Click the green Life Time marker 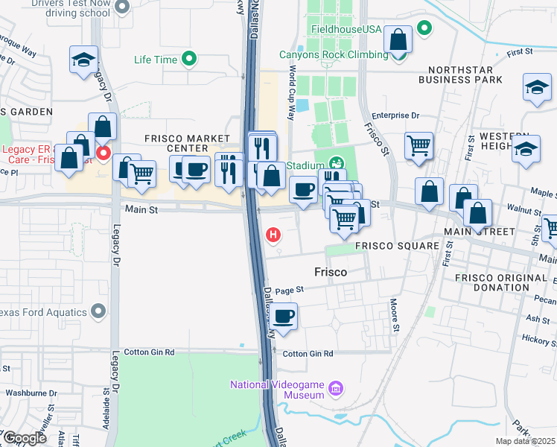[x=189, y=59]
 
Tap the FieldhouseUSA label [x=346, y=30]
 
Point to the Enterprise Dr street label [x=396, y=116]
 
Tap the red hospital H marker [x=273, y=235]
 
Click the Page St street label [x=290, y=290]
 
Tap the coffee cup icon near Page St [x=284, y=316]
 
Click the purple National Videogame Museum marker [x=335, y=387]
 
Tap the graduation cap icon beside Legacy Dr [x=83, y=59]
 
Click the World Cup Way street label [x=292, y=97]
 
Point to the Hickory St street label [x=540, y=340]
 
